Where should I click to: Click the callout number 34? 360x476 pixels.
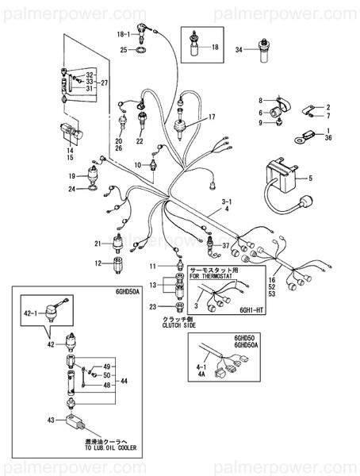point(237,48)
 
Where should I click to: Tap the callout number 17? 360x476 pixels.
point(212,117)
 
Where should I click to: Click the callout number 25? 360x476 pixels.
point(123,50)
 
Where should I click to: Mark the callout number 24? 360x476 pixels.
point(71,190)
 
